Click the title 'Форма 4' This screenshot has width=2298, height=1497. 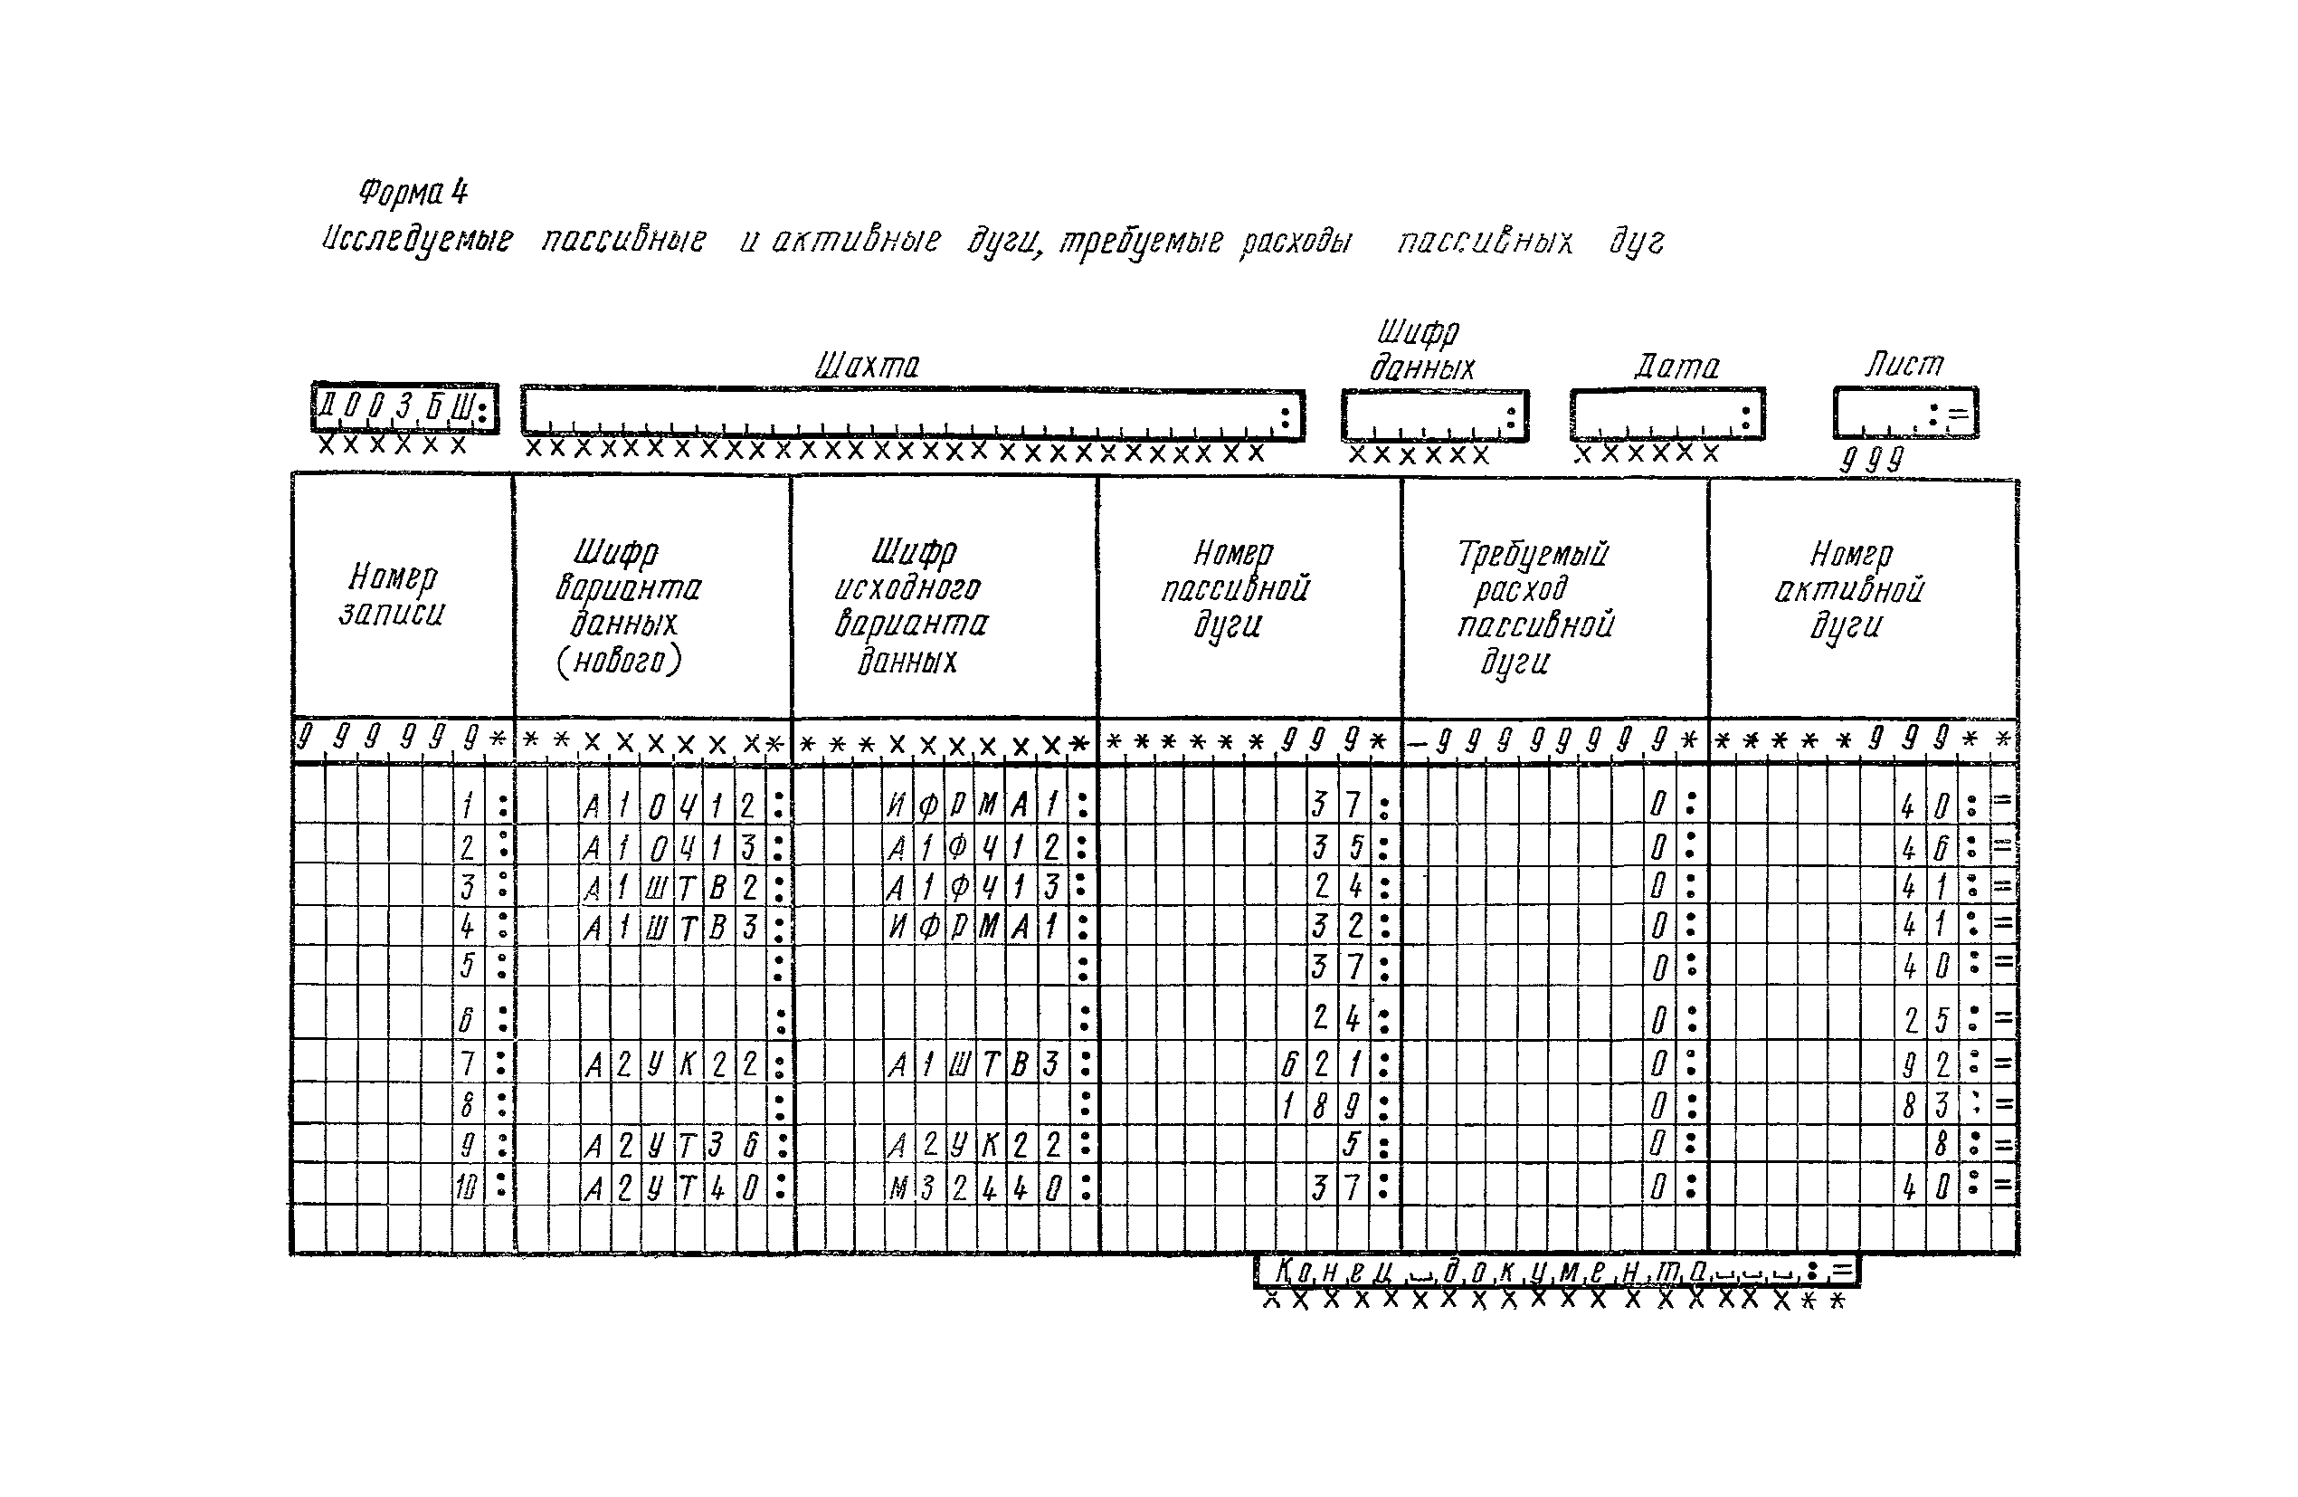tap(413, 192)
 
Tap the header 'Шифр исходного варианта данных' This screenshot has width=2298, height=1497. tap(910, 606)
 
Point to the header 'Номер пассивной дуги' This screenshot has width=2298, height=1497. tap(1234, 589)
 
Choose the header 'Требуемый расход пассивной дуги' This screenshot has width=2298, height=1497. tap(1534, 606)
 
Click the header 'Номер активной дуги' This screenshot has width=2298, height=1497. tap(1849, 589)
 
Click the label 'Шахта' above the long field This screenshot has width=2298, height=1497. tap(867, 366)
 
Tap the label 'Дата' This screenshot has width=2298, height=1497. tap(1676, 367)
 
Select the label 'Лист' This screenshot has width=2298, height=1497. tap(1904, 364)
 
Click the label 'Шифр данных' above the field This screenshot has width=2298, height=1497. tap(1420, 349)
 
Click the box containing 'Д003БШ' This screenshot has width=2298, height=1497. tap(404, 409)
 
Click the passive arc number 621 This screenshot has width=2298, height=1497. tap(1321, 1064)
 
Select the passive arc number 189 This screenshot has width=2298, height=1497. tap(1321, 1105)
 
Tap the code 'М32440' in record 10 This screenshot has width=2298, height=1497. tap(975, 1187)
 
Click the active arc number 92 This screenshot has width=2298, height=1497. tap(1925, 1064)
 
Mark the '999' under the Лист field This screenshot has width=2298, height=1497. tap(1870, 460)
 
